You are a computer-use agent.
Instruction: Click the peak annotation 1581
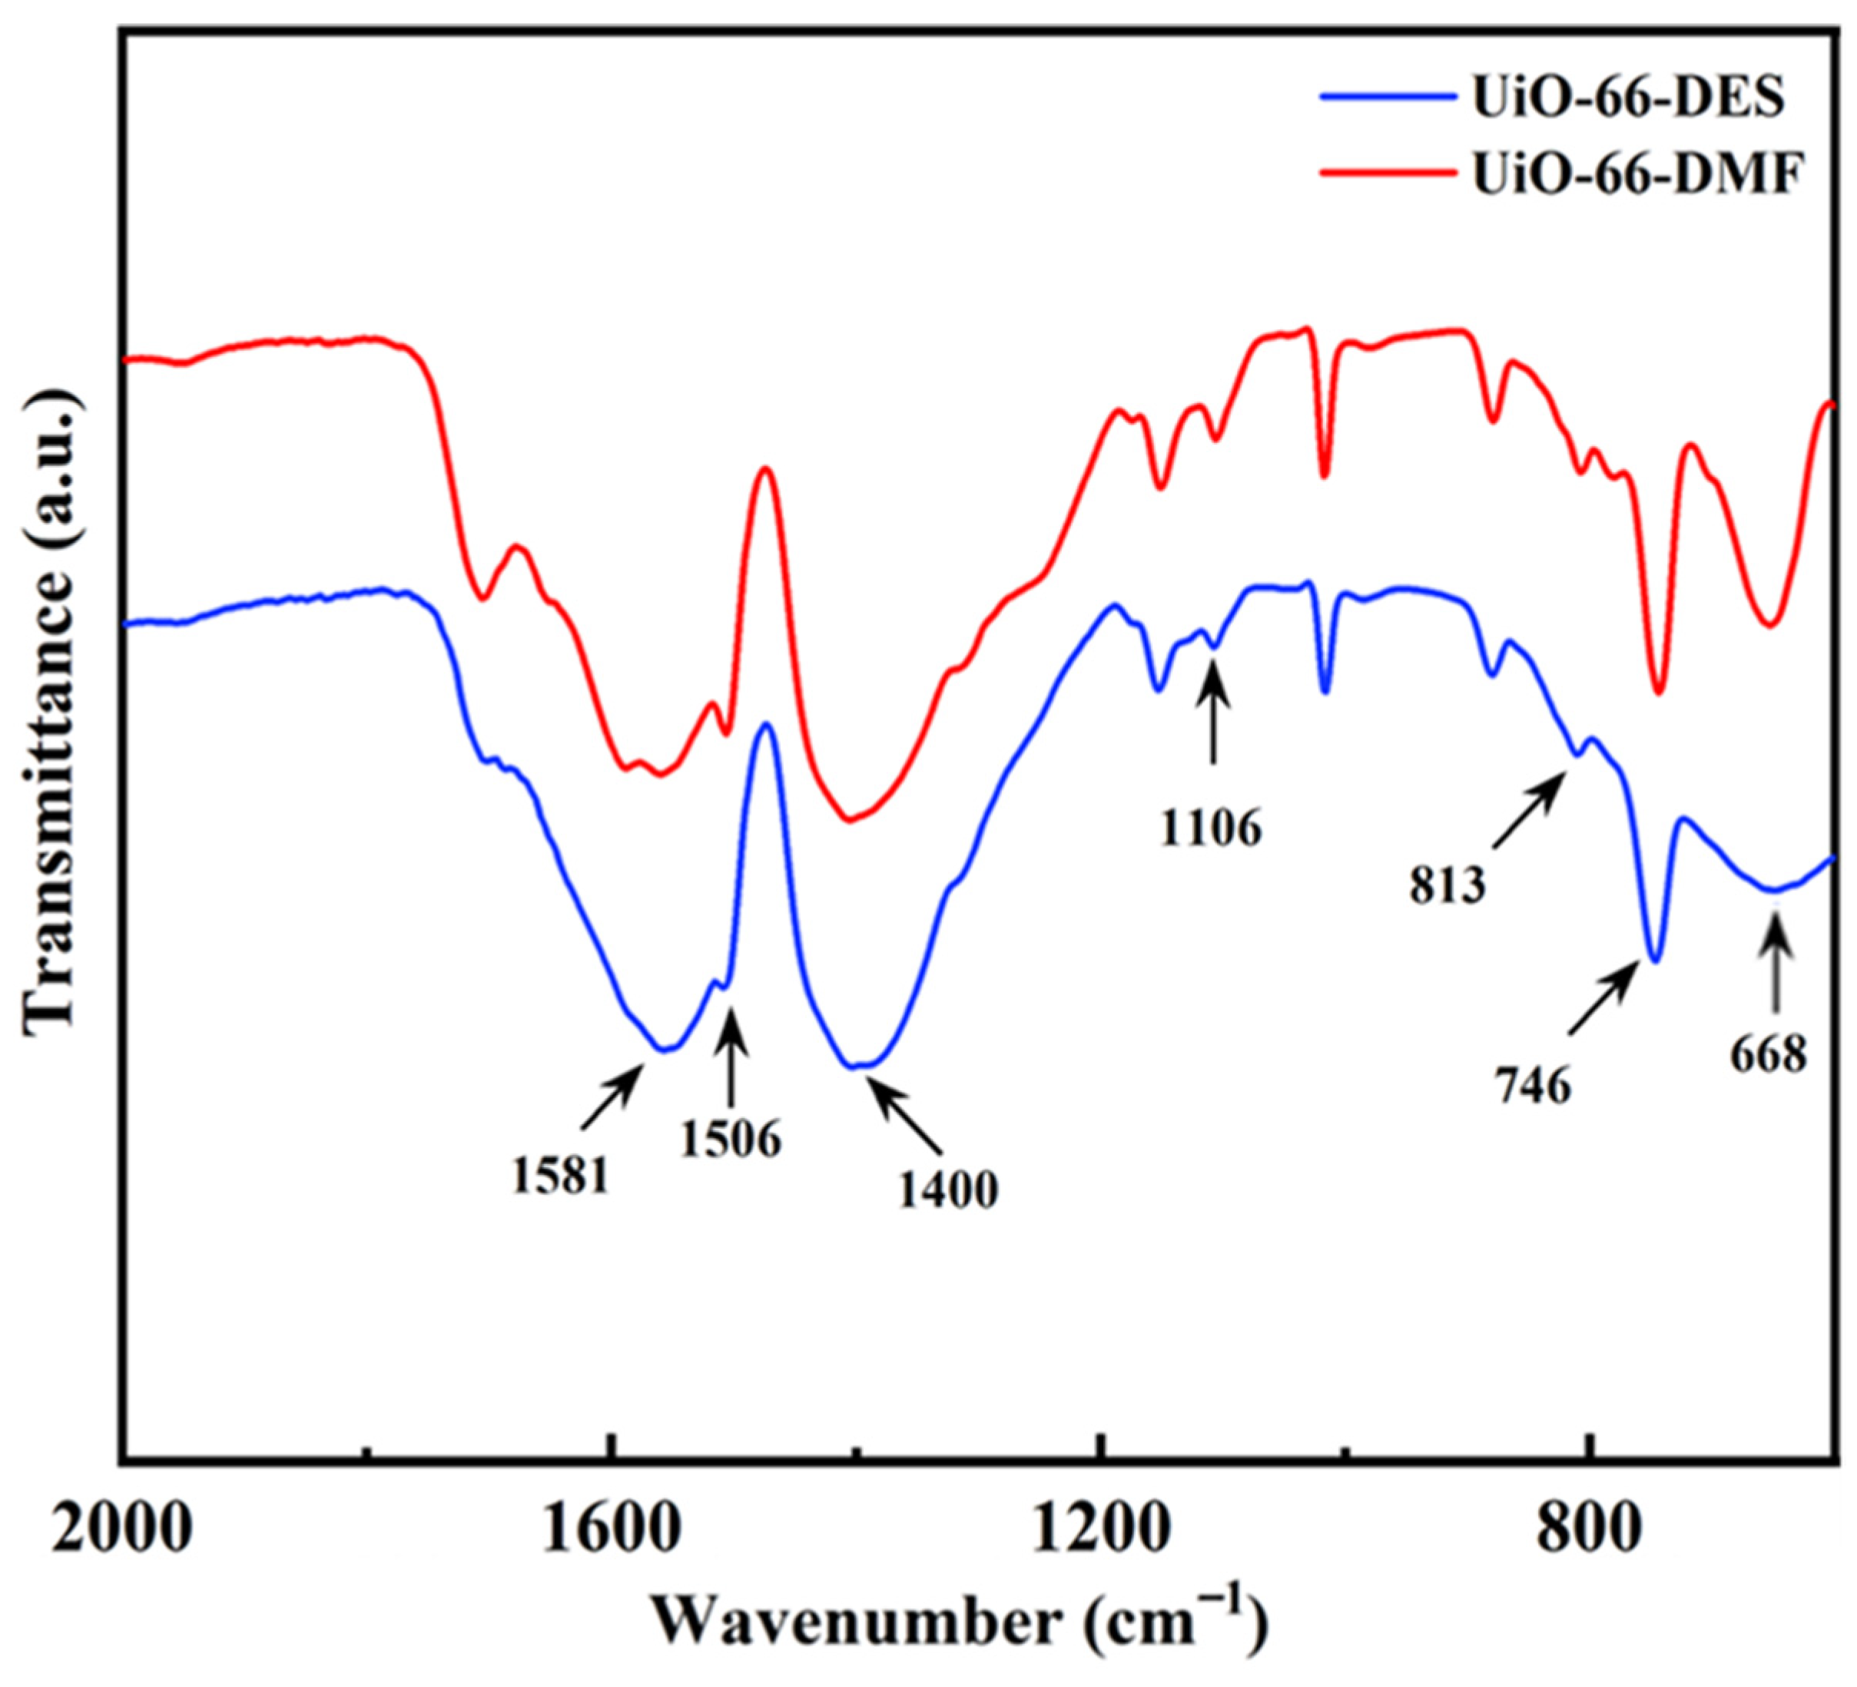[x=561, y=1177]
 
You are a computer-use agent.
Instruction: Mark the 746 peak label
[x=1532, y=1087]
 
